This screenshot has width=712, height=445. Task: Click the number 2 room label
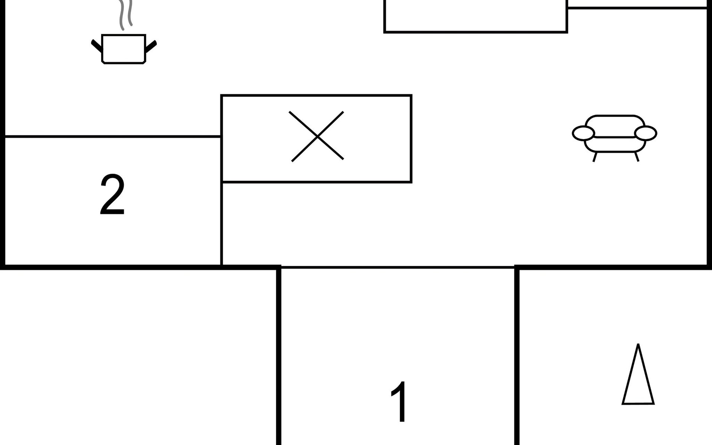point(112,195)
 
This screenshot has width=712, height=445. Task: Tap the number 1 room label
point(400,402)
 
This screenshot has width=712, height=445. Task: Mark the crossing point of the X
point(317,137)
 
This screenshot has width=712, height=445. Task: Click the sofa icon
point(614,138)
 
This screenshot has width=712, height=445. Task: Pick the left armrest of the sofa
point(583,133)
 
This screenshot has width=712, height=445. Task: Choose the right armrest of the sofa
point(646,133)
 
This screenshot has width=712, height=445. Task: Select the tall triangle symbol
point(638,374)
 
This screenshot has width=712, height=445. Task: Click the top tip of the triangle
point(638,344)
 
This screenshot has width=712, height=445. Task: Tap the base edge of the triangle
point(638,403)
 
